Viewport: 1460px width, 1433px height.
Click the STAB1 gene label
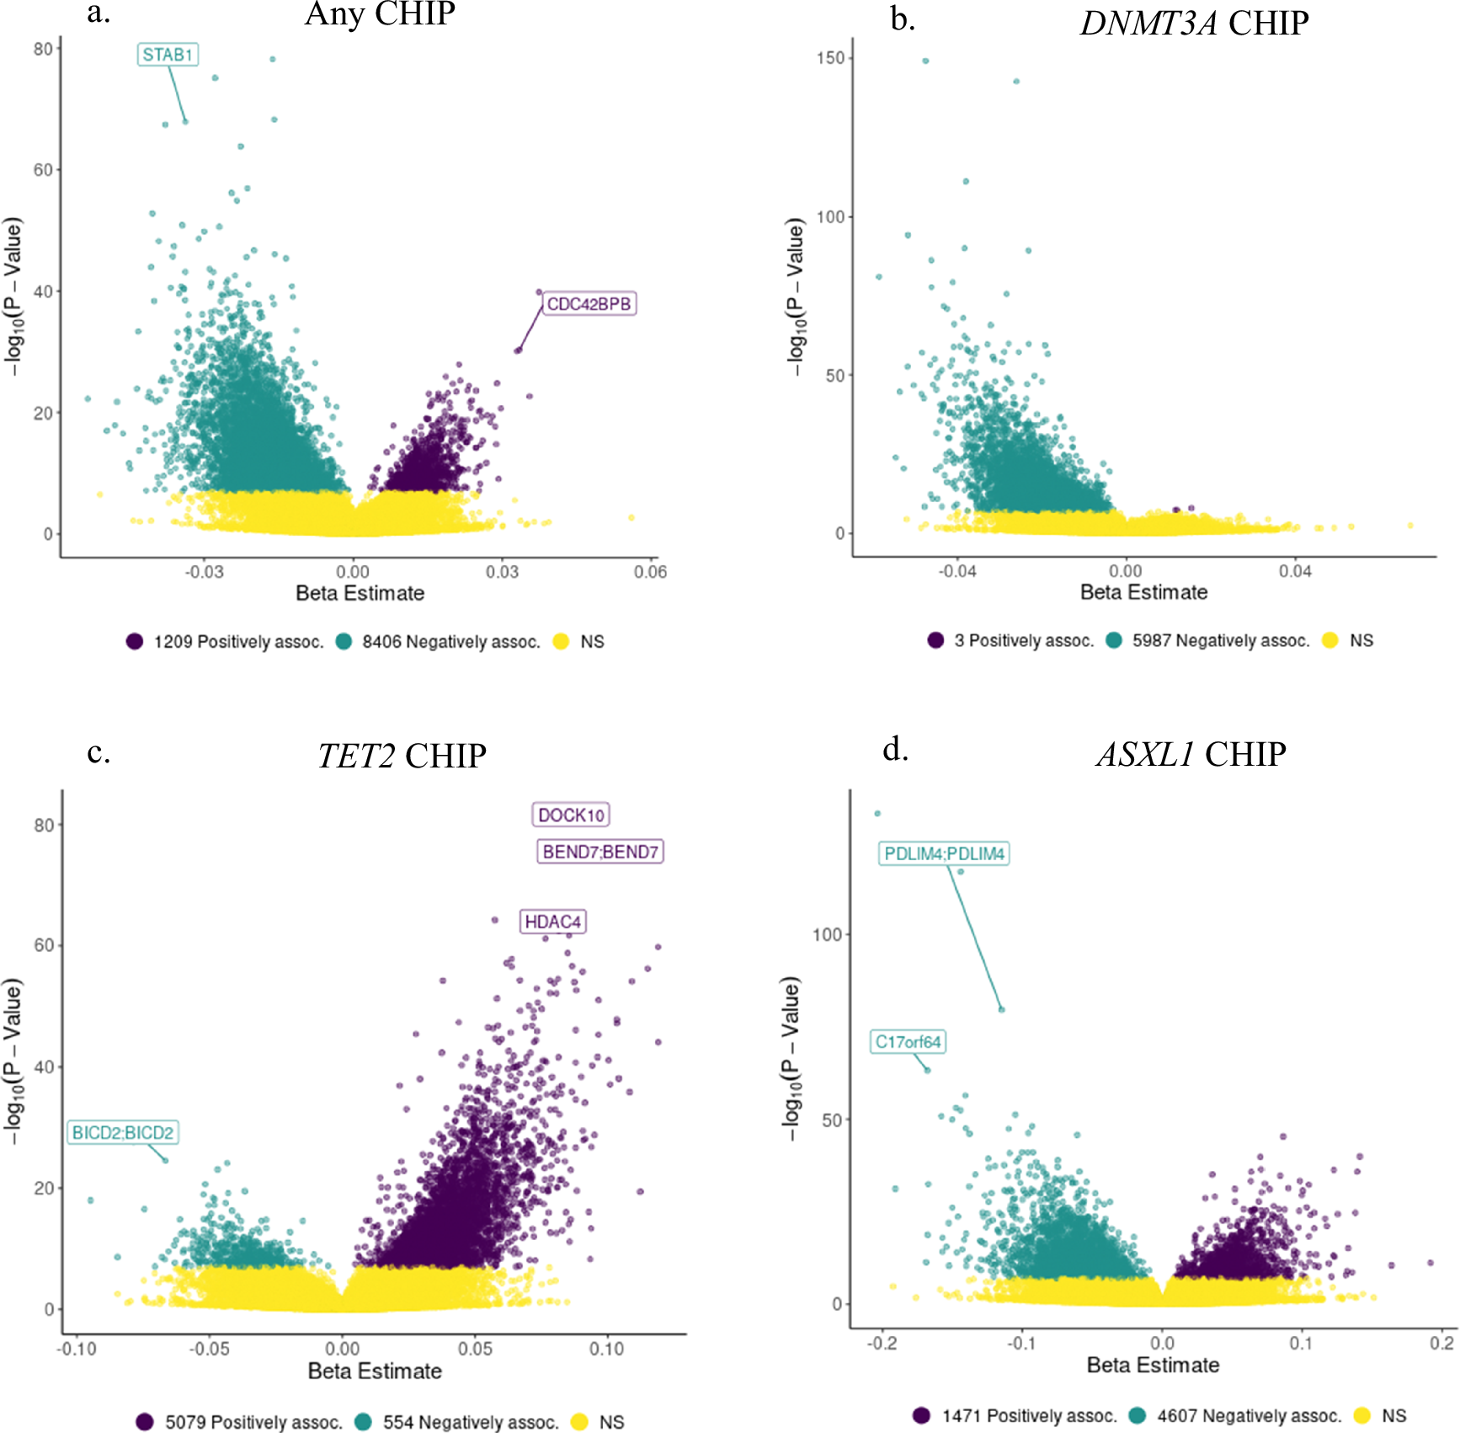(x=168, y=56)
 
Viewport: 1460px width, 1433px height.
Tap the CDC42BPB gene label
(x=589, y=304)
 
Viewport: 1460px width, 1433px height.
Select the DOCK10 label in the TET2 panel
(x=571, y=815)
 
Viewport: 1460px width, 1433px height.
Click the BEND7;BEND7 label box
(x=600, y=852)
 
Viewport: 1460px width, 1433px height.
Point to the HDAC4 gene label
(x=552, y=922)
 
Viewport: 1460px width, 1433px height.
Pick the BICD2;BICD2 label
(x=123, y=1133)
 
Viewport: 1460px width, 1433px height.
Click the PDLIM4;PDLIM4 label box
(x=944, y=854)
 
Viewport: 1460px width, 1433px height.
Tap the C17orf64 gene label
(x=908, y=1042)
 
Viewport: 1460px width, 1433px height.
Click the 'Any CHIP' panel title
(x=380, y=14)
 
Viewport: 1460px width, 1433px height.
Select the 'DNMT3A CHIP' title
(x=1194, y=24)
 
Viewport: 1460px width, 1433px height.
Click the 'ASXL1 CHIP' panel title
(x=1191, y=754)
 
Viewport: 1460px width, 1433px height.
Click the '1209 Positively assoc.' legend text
(x=238, y=642)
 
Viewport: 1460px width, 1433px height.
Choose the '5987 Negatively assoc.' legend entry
(x=1220, y=641)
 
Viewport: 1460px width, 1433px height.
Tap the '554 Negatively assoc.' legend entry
(x=470, y=1422)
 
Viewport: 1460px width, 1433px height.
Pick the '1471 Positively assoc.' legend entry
(x=1029, y=1416)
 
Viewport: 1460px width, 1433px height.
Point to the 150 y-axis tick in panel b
(x=830, y=58)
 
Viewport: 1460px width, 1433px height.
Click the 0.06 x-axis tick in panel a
(x=650, y=572)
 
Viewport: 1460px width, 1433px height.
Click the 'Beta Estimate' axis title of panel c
(x=375, y=1372)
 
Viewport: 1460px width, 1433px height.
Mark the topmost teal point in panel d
(x=877, y=814)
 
